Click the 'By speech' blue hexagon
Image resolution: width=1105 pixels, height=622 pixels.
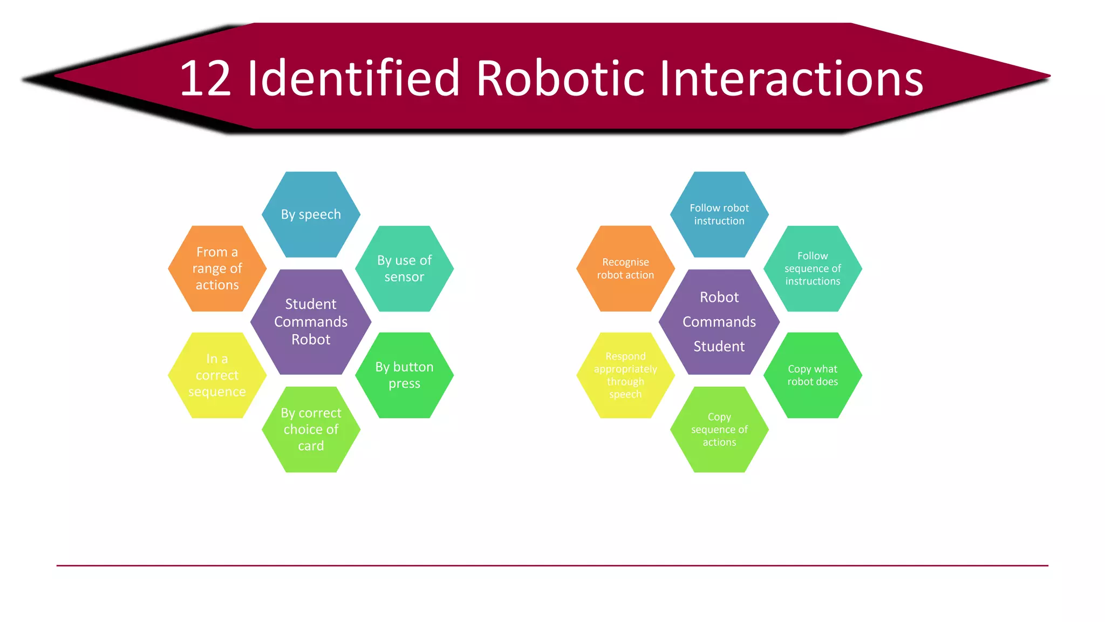(311, 214)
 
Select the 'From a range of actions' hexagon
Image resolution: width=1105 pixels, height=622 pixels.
(217, 268)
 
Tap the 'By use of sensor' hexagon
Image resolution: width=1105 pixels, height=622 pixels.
(404, 268)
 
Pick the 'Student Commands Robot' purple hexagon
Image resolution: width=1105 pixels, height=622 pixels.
(311, 322)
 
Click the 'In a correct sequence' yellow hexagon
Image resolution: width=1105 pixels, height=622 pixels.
(217, 375)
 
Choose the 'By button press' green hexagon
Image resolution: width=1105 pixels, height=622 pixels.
(404, 375)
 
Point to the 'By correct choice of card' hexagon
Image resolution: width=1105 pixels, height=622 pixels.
(311, 429)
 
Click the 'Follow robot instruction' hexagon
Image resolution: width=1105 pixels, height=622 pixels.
(719, 214)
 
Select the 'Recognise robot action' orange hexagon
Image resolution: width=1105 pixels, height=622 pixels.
(625, 268)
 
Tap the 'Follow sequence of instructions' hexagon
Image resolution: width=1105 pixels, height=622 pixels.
(813, 268)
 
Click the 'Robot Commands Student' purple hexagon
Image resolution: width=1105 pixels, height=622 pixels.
(719, 322)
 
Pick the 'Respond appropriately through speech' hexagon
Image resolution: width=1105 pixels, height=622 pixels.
(625, 375)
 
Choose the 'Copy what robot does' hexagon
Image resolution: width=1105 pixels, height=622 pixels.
(813, 375)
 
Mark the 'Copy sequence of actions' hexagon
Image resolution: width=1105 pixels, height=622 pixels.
(719, 429)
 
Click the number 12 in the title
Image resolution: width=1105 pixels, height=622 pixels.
(206, 79)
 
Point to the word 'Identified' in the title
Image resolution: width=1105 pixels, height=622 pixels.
(353, 78)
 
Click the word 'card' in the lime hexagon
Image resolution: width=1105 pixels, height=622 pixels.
(311, 446)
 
